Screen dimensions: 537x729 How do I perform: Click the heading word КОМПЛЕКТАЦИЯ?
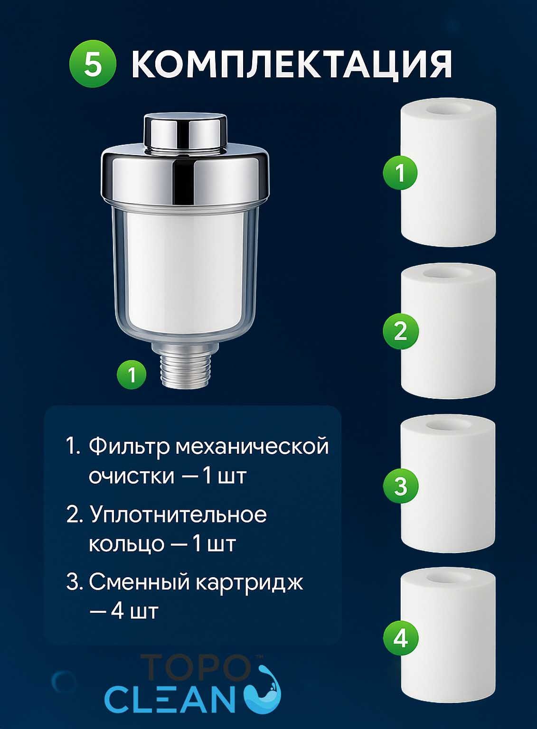pos(292,64)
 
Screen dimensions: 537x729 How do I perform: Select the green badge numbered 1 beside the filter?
pos(132,375)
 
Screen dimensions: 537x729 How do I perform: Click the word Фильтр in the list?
pos(129,447)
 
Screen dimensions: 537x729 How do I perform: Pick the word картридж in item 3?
pos(249,582)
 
